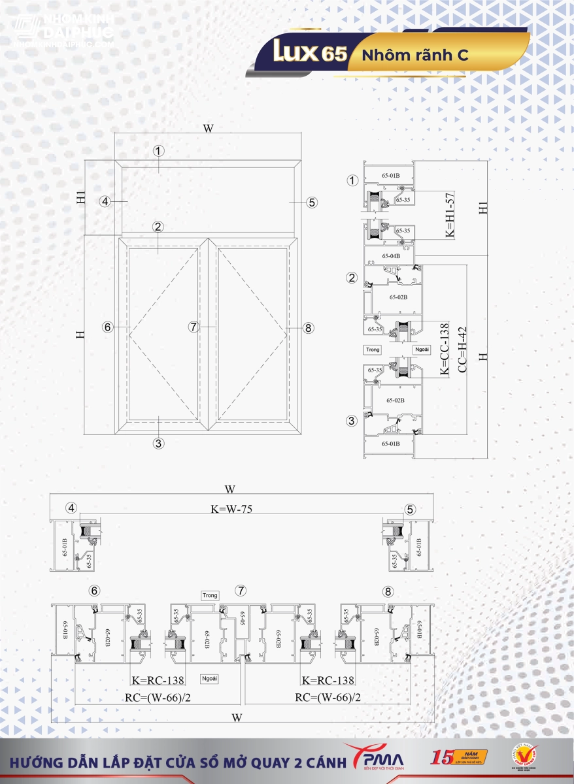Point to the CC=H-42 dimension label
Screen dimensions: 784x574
(x=463, y=350)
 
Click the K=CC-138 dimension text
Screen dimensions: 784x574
(x=445, y=350)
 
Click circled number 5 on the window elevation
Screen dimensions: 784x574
(x=312, y=202)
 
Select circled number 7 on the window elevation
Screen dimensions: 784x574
(x=194, y=327)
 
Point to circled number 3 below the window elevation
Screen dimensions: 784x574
(x=158, y=443)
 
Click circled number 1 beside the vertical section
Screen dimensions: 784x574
(x=353, y=180)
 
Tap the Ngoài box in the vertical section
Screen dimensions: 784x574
(x=422, y=350)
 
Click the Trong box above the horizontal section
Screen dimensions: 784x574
(x=210, y=595)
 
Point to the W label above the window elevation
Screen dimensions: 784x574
(x=208, y=128)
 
